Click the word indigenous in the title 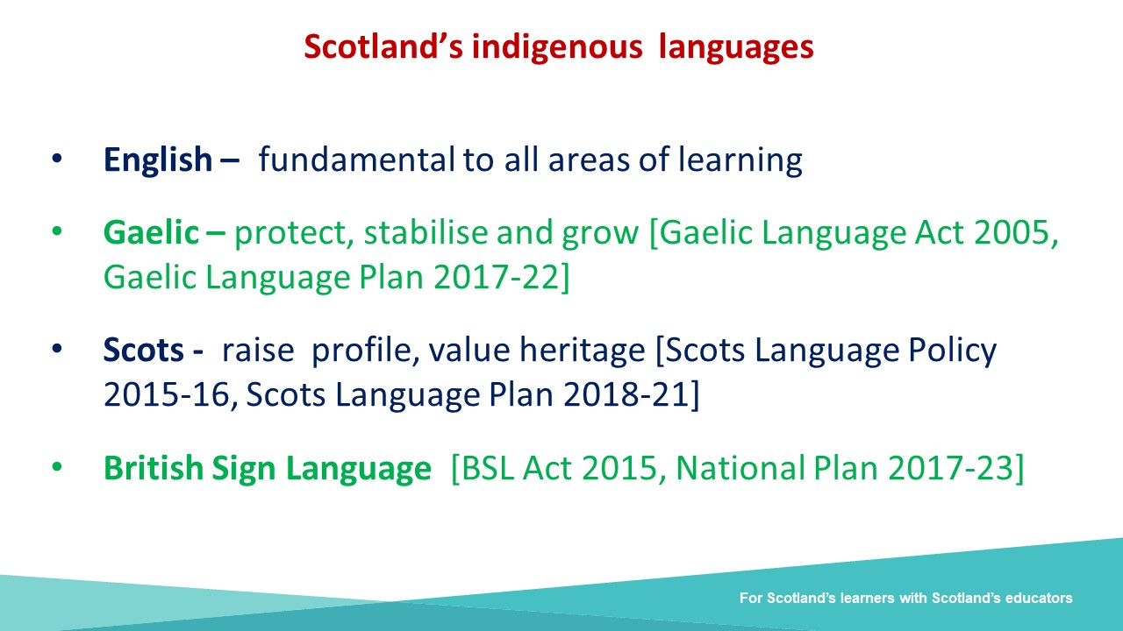557,47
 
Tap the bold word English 158,160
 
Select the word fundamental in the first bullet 356,160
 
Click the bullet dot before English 57,159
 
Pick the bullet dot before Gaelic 57,231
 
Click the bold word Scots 143,350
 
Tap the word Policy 952,351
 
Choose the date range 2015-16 166,395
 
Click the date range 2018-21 626,395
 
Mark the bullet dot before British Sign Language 57,467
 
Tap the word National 740,468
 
